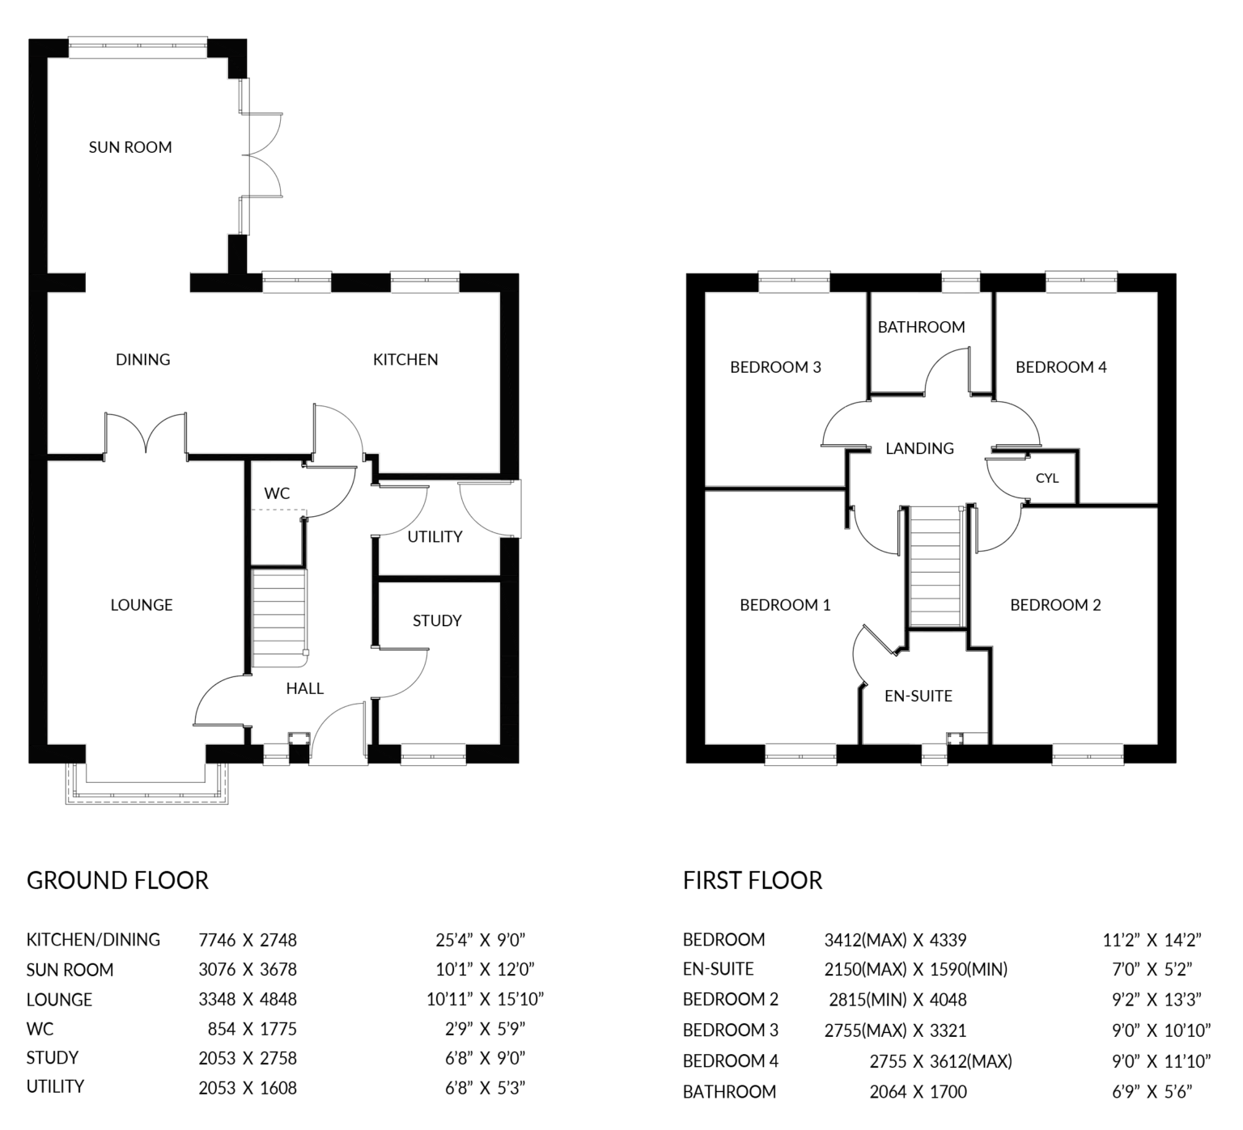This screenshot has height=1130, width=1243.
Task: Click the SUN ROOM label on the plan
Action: point(130,147)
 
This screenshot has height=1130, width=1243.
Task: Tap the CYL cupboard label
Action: point(1046,478)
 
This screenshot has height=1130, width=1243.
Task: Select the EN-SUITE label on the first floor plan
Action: point(918,696)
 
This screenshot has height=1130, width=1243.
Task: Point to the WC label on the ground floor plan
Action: point(277,493)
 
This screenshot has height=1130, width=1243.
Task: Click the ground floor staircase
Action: point(279,618)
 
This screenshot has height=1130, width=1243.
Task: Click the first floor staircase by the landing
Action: point(936,566)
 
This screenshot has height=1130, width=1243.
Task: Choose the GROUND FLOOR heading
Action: point(117,880)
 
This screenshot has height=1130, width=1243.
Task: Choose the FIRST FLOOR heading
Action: point(752,880)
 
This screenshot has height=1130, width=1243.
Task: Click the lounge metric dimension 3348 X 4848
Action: point(248,999)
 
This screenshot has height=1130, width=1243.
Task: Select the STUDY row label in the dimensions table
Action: point(53,1058)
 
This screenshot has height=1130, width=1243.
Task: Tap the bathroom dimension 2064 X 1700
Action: point(918,1092)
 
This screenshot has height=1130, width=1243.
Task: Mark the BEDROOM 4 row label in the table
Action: point(730,1060)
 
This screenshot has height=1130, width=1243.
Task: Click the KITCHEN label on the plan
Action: point(405,359)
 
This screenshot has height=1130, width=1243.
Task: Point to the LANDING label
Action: point(919,448)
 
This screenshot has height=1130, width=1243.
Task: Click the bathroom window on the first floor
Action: point(961,281)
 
